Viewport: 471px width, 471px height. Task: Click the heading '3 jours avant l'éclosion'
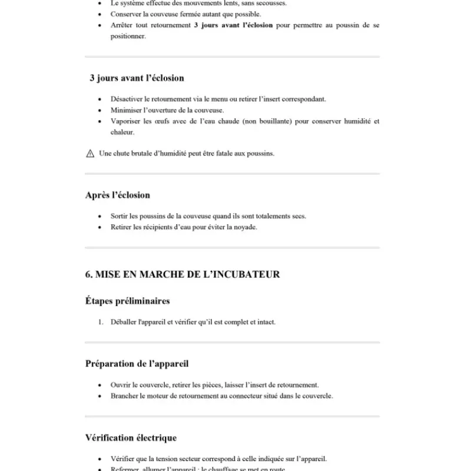[137, 78]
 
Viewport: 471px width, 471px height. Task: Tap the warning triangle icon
[90, 154]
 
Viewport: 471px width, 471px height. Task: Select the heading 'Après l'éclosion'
[118, 195]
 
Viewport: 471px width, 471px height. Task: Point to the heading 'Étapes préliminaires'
[127, 301]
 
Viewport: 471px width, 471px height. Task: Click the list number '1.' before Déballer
[101, 322]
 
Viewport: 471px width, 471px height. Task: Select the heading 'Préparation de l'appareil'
[137, 363]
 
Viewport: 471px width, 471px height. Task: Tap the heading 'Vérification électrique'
[131, 437]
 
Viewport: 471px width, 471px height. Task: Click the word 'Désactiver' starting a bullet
[125, 99]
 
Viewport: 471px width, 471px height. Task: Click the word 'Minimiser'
[125, 110]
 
